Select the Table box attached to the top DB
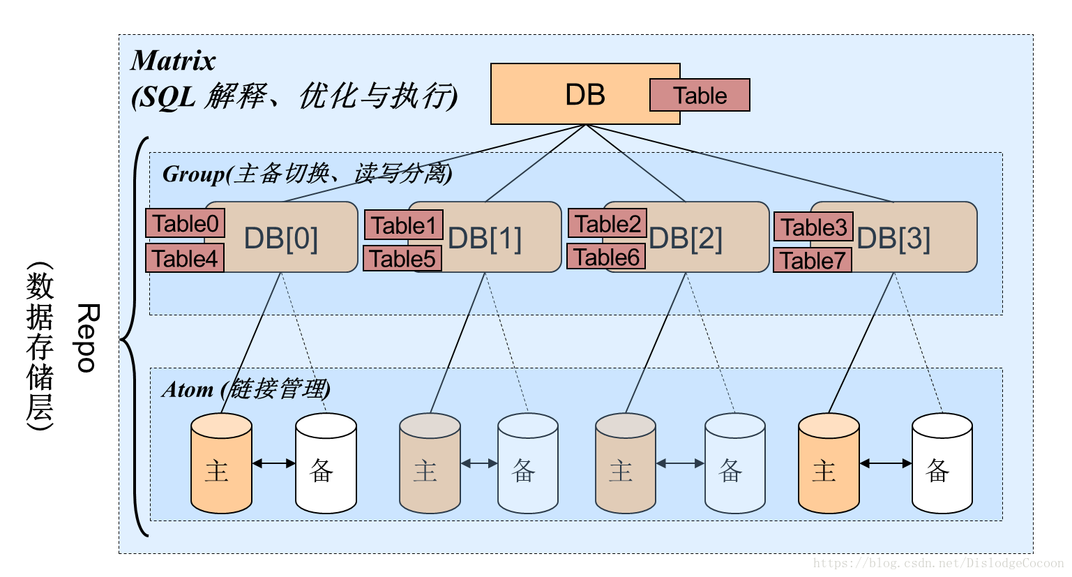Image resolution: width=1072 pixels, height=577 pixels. (700, 96)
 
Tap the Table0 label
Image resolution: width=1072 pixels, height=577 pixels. (186, 224)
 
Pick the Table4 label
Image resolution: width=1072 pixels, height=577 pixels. (186, 258)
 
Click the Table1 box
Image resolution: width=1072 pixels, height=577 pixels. (404, 225)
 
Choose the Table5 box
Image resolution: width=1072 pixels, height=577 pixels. (403, 259)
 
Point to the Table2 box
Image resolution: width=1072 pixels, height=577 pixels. (607, 224)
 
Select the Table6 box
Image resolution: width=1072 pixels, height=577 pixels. (606, 257)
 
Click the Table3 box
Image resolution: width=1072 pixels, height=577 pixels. (813, 227)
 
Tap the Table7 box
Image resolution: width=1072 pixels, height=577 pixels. (813, 260)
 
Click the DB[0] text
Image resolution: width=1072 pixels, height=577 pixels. (281, 239)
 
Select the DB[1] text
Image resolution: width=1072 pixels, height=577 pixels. (485, 239)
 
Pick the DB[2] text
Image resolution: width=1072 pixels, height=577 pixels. (686, 239)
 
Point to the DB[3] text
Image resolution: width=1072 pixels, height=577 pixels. (893, 239)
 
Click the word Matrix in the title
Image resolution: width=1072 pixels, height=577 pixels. (173, 61)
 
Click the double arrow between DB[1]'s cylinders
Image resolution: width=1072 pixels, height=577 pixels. (479, 463)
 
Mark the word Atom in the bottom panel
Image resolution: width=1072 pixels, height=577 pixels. (188, 389)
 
